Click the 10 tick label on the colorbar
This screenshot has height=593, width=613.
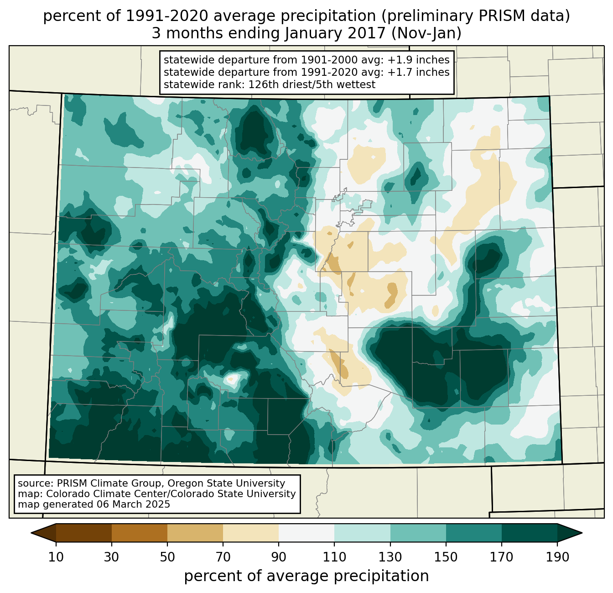[56, 557]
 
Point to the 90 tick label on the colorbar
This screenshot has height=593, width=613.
[279, 557]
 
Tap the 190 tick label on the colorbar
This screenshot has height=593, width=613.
[557, 557]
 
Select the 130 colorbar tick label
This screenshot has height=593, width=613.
[390, 557]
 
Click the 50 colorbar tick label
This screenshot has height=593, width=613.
[167, 557]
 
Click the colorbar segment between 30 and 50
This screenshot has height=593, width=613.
[140, 533]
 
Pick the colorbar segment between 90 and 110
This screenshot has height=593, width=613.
[306, 533]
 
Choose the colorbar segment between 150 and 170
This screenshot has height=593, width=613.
[474, 533]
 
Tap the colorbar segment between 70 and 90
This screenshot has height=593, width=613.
[251, 533]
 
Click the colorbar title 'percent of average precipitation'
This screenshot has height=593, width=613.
[306, 576]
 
